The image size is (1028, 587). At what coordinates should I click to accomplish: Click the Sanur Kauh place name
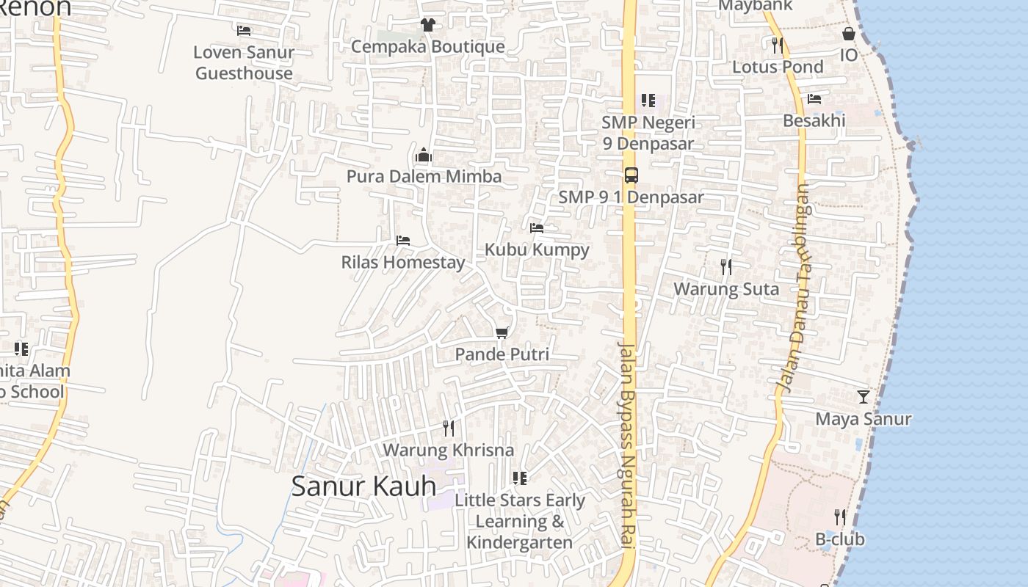pyautogui.click(x=363, y=486)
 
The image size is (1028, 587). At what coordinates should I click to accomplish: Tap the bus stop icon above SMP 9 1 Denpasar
pyautogui.click(x=631, y=175)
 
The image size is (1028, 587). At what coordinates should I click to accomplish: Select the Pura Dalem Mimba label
pyautogui.click(x=424, y=177)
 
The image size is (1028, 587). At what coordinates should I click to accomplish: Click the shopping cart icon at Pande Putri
pyautogui.click(x=502, y=333)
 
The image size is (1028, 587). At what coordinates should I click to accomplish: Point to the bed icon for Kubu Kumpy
pyautogui.click(x=537, y=228)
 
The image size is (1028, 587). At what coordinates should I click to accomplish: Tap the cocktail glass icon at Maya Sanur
pyautogui.click(x=864, y=397)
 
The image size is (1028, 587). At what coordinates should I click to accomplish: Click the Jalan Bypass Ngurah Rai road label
pyautogui.click(x=626, y=444)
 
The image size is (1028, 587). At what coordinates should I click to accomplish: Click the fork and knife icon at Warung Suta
pyautogui.click(x=726, y=267)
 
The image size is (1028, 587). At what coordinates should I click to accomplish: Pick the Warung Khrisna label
pyautogui.click(x=448, y=450)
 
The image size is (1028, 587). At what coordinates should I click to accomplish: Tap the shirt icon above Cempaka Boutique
pyautogui.click(x=428, y=25)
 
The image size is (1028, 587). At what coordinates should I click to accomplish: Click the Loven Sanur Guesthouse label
pyautogui.click(x=244, y=62)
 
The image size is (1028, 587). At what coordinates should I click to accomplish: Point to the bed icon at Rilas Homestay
pyautogui.click(x=402, y=241)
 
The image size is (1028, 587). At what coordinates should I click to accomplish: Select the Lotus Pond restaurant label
pyautogui.click(x=778, y=67)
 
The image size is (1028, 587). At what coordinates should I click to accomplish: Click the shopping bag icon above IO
pyautogui.click(x=848, y=34)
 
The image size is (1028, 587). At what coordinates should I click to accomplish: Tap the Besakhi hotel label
pyautogui.click(x=814, y=120)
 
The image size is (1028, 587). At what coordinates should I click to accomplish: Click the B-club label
pyautogui.click(x=840, y=539)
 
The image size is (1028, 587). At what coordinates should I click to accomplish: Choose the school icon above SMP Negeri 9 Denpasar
pyautogui.click(x=648, y=101)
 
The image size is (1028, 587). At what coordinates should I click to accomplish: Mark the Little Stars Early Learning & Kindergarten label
pyautogui.click(x=520, y=521)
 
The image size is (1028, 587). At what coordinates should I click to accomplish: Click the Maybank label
pyautogui.click(x=755, y=6)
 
